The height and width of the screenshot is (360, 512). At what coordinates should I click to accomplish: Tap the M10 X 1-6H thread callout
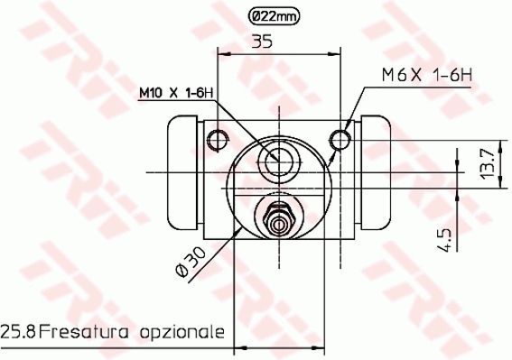pos(175,92)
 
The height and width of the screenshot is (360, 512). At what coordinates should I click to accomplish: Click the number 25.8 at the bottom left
pos(18,332)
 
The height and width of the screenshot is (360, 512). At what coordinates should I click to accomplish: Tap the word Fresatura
pos(78,332)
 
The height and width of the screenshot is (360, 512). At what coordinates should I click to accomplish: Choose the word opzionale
pos(178,332)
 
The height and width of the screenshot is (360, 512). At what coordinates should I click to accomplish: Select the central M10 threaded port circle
pos(278,162)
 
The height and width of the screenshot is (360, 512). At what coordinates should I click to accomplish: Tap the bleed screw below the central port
pos(278,217)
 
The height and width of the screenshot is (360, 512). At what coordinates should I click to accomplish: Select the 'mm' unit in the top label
pos(287,15)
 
